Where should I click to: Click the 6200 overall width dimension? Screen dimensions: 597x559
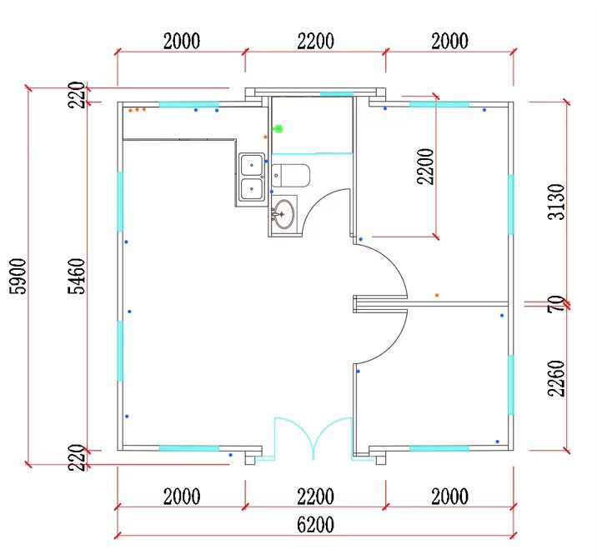pyautogui.click(x=315, y=525)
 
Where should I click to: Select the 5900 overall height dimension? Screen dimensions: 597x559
pyautogui.click(x=18, y=277)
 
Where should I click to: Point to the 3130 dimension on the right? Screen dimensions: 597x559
pyautogui.click(x=556, y=202)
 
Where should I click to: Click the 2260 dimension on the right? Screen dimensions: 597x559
pyautogui.click(x=556, y=378)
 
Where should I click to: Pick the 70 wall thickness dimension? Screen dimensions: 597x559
pyautogui.click(x=556, y=304)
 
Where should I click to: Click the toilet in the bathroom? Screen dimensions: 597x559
pyautogui.click(x=290, y=176)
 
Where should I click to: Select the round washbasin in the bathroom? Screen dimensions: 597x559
pyautogui.click(x=283, y=214)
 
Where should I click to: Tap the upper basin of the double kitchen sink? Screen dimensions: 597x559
pyautogui.click(x=251, y=164)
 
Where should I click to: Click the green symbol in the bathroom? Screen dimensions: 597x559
pyautogui.click(x=278, y=129)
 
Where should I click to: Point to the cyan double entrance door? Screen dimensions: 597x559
pyautogui.click(x=313, y=437)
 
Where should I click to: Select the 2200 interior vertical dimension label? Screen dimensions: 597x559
pyautogui.click(x=425, y=167)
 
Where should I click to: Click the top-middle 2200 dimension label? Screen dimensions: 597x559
pyautogui.click(x=315, y=41)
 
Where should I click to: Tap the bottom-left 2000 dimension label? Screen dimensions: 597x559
pyautogui.click(x=182, y=497)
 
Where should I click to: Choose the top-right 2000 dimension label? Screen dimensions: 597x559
pyautogui.click(x=449, y=41)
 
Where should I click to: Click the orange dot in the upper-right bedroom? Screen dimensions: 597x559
pyautogui.click(x=437, y=295)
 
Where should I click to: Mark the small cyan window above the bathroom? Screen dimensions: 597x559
pyautogui.click(x=337, y=93)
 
